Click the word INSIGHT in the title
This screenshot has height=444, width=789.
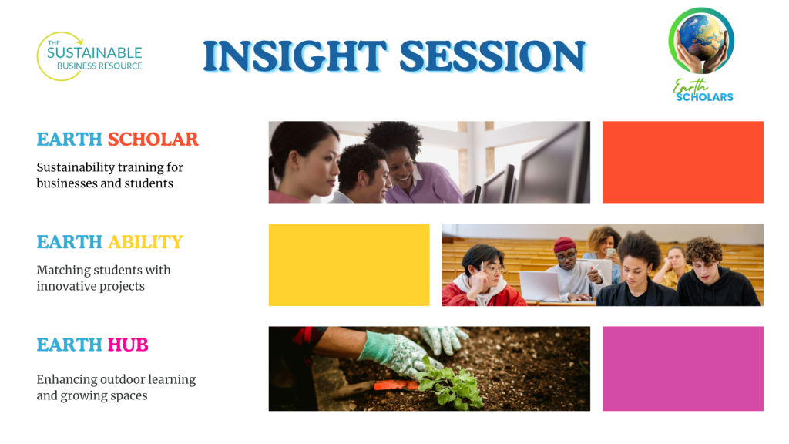click(x=295, y=55)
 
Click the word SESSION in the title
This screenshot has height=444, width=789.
click(x=492, y=55)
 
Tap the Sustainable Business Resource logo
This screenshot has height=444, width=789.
click(x=89, y=56)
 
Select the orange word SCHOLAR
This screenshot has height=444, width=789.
click(x=153, y=140)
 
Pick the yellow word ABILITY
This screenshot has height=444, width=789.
click(x=146, y=242)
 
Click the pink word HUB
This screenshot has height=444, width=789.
click(x=128, y=345)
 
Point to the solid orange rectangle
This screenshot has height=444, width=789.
click(x=683, y=162)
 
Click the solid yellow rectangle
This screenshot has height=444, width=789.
click(x=349, y=265)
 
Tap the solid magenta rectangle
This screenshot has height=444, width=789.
click(x=683, y=368)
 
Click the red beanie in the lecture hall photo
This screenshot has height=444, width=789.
click(x=564, y=244)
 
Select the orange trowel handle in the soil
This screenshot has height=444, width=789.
click(x=395, y=385)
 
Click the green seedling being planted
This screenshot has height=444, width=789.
click(x=449, y=384)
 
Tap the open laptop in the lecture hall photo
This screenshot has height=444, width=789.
click(x=541, y=286)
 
